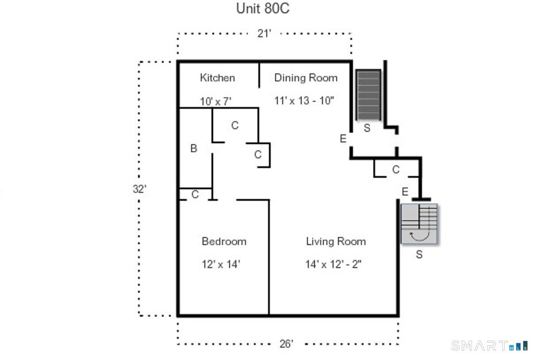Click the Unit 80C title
(263, 9)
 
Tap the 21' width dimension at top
(264, 34)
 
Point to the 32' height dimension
(139, 189)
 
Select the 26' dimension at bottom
(286, 344)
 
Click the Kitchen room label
(217, 78)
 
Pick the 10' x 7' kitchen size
(215, 102)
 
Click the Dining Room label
(306, 78)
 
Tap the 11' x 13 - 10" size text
(304, 101)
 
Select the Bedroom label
(224, 241)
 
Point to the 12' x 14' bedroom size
(221, 264)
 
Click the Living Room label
(336, 241)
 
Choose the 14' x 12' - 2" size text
(334, 264)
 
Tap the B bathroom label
(193, 149)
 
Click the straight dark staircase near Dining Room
(368, 95)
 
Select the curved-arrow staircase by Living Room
(419, 224)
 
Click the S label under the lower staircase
(418, 255)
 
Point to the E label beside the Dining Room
(343, 139)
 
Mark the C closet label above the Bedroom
(195, 195)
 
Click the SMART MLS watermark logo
(489, 346)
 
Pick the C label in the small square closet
(257, 155)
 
